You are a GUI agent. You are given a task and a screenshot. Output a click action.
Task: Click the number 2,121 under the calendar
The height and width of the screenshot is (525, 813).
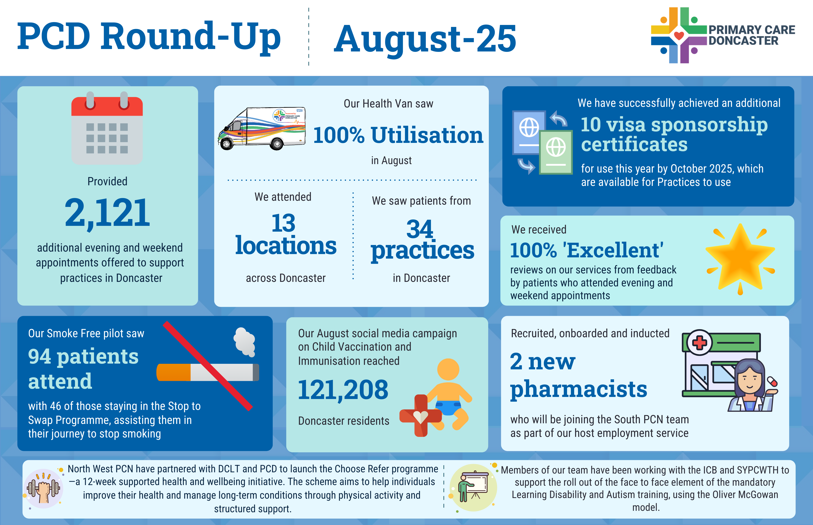pos(107,213)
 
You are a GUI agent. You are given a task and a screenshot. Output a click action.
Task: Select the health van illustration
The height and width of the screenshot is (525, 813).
pos(262,128)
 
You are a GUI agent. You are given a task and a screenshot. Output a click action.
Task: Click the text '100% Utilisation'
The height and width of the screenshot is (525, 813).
pos(398,135)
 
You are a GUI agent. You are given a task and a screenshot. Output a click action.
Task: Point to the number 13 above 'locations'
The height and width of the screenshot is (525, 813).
pos(283,223)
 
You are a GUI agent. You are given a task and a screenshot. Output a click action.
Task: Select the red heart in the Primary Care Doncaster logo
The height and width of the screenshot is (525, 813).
pos(679,35)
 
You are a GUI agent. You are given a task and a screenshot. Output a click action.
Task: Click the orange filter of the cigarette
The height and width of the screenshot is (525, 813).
pos(174,372)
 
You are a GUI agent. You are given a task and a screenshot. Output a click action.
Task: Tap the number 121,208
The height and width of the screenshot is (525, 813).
pos(343,390)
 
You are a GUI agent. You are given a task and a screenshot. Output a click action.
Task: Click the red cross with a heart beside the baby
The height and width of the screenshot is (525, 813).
pos(420,415)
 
